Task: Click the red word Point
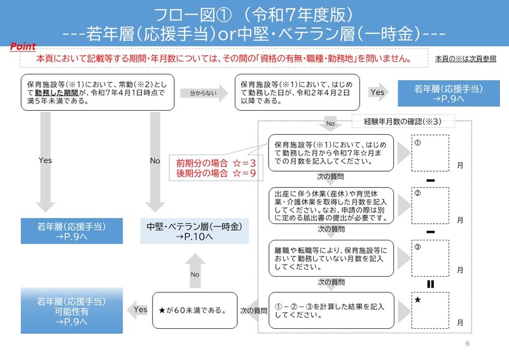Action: [x=23, y=47]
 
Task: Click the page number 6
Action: [x=467, y=344]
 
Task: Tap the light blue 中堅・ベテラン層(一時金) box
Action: [x=194, y=232]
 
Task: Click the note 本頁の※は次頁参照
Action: [x=465, y=59]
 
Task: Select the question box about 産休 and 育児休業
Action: [x=330, y=205]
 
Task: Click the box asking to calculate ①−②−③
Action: [x=330, y=310]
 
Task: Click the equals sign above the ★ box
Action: [x=430, y=284]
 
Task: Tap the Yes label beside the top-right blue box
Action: [x=377, y=93]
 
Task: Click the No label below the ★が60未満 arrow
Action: [x=195, y=274]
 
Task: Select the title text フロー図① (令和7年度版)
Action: [x=254, y=14]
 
